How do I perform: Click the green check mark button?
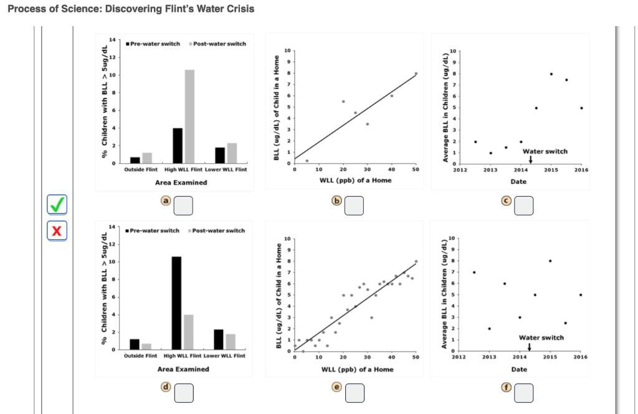(57, 204)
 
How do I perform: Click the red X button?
(57, 231)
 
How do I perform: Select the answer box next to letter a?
(183, 205)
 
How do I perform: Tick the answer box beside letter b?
(353, 205)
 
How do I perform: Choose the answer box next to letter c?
(523, 205)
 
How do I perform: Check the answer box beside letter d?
(183, 392)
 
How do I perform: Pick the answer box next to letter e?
(353, 392)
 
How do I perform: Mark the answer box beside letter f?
(523, 392)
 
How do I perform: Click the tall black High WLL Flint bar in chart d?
(176, 303)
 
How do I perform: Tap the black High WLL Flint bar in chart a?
(177, 146)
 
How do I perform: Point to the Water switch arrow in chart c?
(530, 159)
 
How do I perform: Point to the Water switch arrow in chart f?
(529, 347)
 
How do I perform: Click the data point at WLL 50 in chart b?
(416, 73)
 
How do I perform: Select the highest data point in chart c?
(551, 73)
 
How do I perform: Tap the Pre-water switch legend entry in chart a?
(153, 44)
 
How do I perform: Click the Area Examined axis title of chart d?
(181, 369)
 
